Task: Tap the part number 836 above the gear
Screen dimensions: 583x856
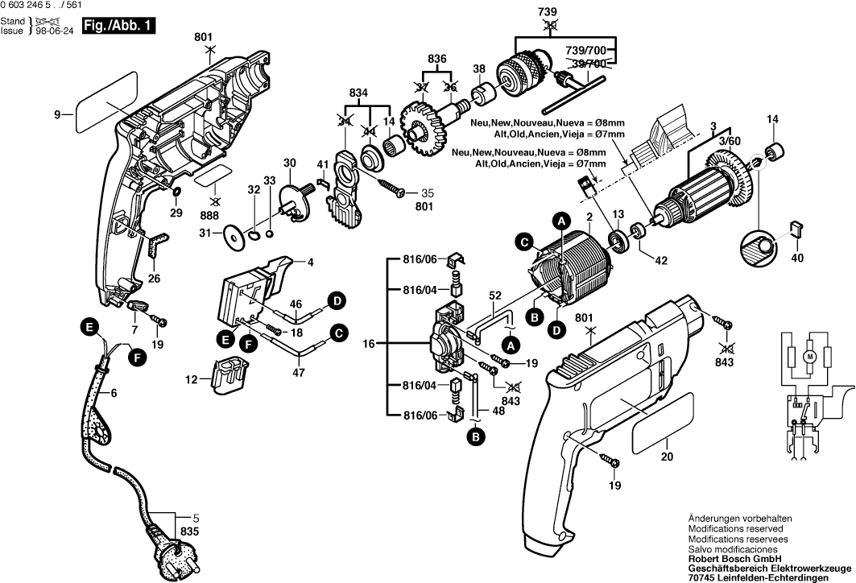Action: [437, 60]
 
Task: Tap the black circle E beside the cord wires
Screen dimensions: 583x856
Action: [90, 327]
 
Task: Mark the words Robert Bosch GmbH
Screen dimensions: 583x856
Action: [731, 556]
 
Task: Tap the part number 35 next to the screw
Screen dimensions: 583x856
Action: [427, 193]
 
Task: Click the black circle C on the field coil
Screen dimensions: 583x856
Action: [524, 241]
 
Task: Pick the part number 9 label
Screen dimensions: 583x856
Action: [58, 115]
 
